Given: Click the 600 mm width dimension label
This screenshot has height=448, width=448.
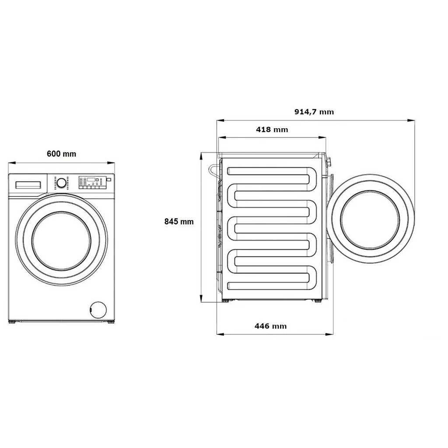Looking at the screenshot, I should [x=61, y=154].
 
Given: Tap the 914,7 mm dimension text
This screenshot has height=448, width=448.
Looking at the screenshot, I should [x=314, y=112].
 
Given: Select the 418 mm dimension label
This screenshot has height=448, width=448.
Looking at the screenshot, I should [x=272, y=129].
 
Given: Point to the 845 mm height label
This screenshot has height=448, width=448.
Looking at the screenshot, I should [x=179, y=222].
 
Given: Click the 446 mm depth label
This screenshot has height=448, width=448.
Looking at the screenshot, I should [x=270, y=326].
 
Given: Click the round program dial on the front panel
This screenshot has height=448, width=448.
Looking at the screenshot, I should [x=62, y=183].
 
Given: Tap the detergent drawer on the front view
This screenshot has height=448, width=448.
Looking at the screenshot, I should [x=28, y=185].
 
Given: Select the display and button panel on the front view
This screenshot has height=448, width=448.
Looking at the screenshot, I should [x=91, y=182].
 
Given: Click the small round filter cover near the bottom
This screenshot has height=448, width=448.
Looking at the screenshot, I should [x=98, y=309].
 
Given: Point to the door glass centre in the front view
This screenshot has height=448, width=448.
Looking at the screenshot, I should [x=61, y=241].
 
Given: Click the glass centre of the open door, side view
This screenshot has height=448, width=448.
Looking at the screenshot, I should [x=370, y=219].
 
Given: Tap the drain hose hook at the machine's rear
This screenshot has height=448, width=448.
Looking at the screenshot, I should [x=213, y=170].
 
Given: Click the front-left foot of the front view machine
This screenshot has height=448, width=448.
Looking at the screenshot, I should [x=12, y=322].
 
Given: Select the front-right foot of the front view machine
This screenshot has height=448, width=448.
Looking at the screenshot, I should [x=111, y=322].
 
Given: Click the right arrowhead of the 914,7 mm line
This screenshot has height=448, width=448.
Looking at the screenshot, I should [x=412, y=120].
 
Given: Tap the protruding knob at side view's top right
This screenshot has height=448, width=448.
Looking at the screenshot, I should [x=329, y=162].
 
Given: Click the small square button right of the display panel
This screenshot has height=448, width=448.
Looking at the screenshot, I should [x=109, y=179].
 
